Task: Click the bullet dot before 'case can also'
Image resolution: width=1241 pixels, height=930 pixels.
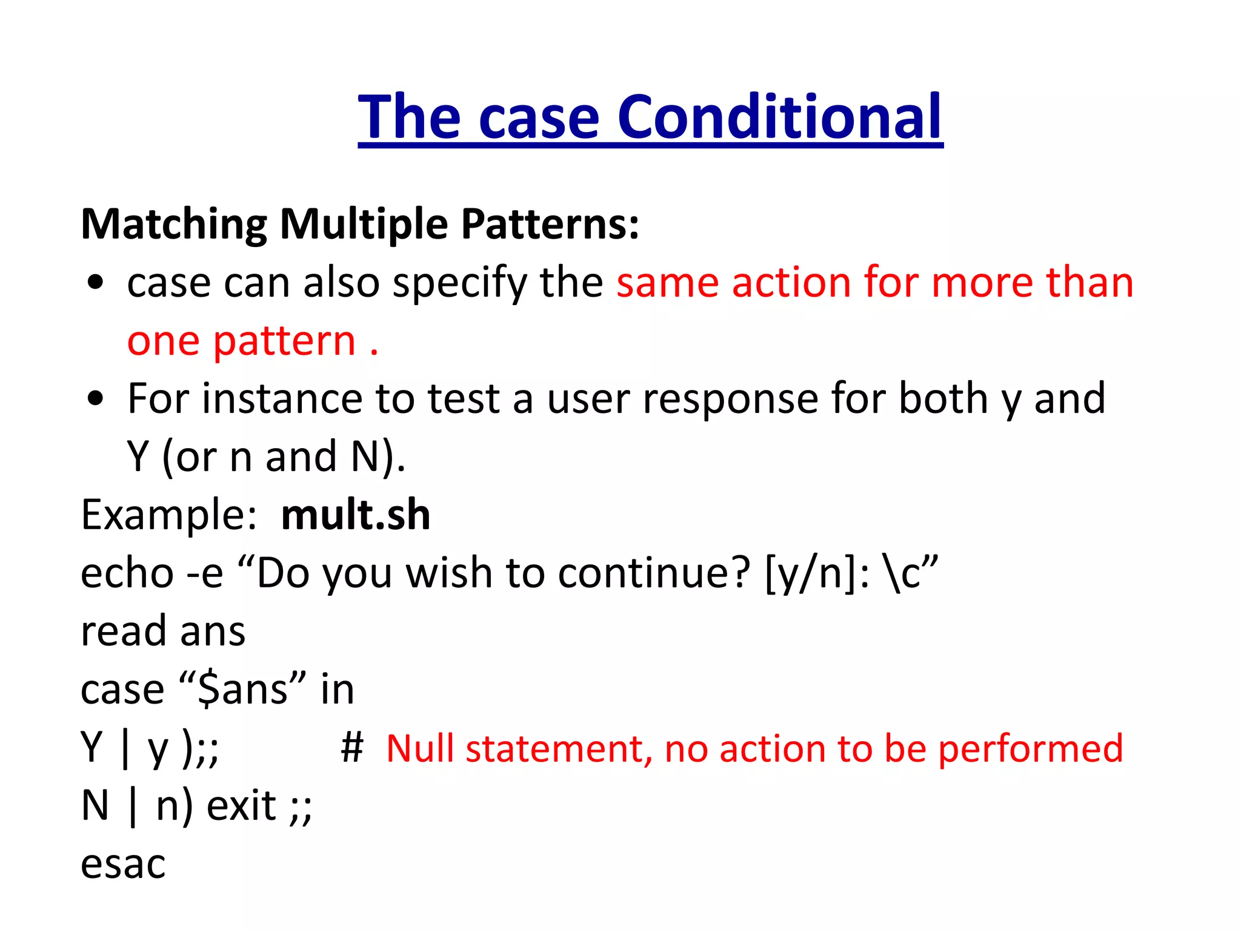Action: tap(96, 282)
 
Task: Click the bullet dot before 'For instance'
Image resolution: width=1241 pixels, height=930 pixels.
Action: tap(96, 398)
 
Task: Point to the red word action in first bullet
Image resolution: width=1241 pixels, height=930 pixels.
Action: tap(791, 282)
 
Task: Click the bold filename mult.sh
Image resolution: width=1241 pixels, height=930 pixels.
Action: tap(356, 515)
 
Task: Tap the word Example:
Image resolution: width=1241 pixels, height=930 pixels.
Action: tap(170, 515)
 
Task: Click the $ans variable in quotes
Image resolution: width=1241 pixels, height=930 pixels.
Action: tap(243, 690)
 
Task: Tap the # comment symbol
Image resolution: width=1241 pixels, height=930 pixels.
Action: tap(352, 748)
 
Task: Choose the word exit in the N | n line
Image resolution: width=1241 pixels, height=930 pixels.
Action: tap(241, 806)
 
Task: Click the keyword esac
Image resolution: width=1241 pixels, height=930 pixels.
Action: tap(123, 864)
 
